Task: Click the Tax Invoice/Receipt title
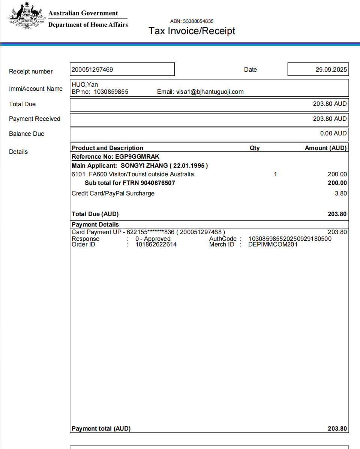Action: (x=192, y=31)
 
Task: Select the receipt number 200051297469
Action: (x=92, y=69)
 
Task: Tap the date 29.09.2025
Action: (x=331, y=69)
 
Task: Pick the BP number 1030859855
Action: (x=111, y=92)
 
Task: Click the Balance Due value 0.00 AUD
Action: (x=333, y=133)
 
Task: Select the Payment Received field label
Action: (x=34, y=119)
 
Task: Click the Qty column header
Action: (x=255, y=148)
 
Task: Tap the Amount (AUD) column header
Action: (x=325, y=148)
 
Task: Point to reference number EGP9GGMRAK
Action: (x=137, y=157)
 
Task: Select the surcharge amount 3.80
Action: (x=341, y=194)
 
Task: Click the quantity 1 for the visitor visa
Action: (x=275, y=174)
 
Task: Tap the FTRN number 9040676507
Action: (x=158, y=183)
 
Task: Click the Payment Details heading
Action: (x=95, y=224)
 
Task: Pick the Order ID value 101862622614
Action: (x=156, y=245)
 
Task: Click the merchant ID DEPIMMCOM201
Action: (x=273, y=245)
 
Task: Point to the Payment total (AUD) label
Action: (x=101, y=428)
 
